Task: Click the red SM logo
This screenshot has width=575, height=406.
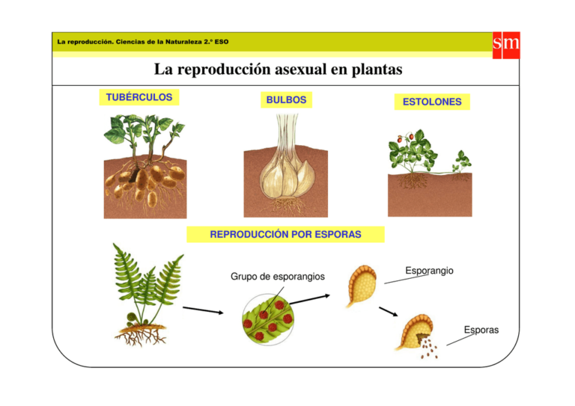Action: (506, 44)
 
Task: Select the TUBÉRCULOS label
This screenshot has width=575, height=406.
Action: (139, 97)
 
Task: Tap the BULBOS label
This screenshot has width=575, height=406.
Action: (286, 99)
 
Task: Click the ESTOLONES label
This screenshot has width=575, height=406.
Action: (432, 102)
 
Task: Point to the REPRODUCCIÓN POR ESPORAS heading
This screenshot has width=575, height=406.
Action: (285, 234)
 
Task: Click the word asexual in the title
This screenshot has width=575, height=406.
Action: (300, 70)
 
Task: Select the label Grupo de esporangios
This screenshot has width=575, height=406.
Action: (277, 277)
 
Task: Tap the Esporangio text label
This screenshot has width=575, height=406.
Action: (428, 270)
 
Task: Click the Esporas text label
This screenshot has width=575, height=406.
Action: (481, 330)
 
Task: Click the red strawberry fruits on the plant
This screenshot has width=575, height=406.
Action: (400, 140)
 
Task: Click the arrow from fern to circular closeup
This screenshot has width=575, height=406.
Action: (203, 310)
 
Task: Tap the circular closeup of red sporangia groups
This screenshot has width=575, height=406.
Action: (267, 319)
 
